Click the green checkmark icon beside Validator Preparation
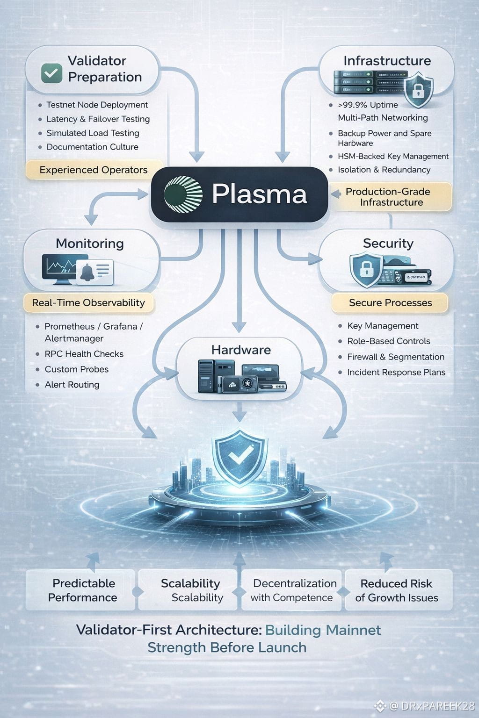click(51, 73)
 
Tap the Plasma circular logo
click(183, 194)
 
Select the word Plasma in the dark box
click(259, 194)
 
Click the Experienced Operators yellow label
click(94, 170)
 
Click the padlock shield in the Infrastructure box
click(418, 90)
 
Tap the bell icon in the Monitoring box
click(87, 272)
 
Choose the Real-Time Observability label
click(88, 303)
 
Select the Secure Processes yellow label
click(390, 303)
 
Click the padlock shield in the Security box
click(366, 270)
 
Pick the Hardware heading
click(241, 350)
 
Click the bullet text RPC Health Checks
click(84, 354)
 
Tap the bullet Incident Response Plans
click(396, 373)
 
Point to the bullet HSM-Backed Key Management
click(393, 157)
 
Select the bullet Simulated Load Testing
click(93, 133)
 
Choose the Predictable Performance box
click(83, 590)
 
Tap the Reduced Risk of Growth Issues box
click(397, 590)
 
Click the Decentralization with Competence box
click(293, 590)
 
